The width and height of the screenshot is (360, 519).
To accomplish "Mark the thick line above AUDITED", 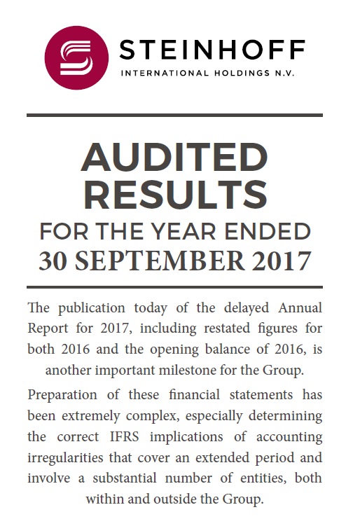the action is click(x=174, y=115).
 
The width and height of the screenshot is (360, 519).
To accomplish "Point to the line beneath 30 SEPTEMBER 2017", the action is click(x=174, y=286).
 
